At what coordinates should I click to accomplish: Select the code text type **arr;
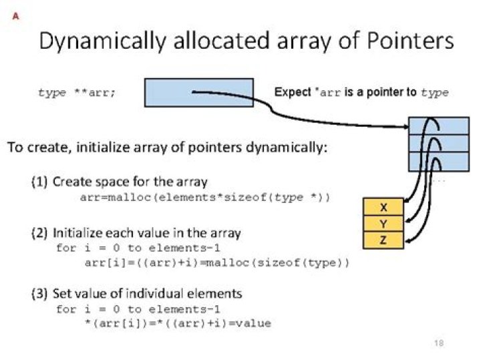tap(77, 93)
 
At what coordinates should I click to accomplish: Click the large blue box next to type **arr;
tap(198, 93)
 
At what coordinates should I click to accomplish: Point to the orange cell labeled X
tap(383, 206)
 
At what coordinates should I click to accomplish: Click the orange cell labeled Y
tap(383, 224)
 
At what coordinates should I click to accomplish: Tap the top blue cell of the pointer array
tap(438, 126)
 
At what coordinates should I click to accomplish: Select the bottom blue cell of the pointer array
tap(438, 162)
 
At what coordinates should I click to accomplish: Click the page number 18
tap(439, 343)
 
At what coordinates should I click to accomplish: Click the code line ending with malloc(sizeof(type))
tap(217, 262)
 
